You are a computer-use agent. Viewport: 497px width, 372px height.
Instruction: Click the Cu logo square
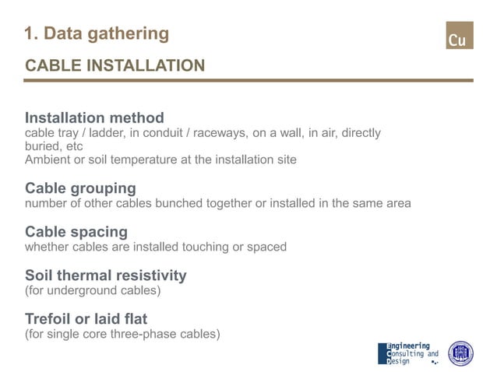point(459,36)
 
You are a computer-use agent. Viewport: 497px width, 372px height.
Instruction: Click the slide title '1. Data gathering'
point(97,33)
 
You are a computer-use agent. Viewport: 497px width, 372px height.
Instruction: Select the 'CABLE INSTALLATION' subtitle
point(115,65)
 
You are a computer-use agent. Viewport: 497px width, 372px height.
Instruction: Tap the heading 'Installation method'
point(94,118)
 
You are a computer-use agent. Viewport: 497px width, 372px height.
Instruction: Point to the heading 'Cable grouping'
point(80,188)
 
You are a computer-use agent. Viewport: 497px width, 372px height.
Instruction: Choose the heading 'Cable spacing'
point(76,232)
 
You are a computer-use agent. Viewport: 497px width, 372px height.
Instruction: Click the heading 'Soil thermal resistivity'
point(106,275)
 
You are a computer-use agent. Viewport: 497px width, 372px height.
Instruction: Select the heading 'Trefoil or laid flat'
point(86,319)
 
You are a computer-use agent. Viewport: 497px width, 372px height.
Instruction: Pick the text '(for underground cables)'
point(93,290)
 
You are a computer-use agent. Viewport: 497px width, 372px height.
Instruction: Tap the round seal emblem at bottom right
point(460,353)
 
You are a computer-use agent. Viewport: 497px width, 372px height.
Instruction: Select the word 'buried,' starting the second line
point(44,146)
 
